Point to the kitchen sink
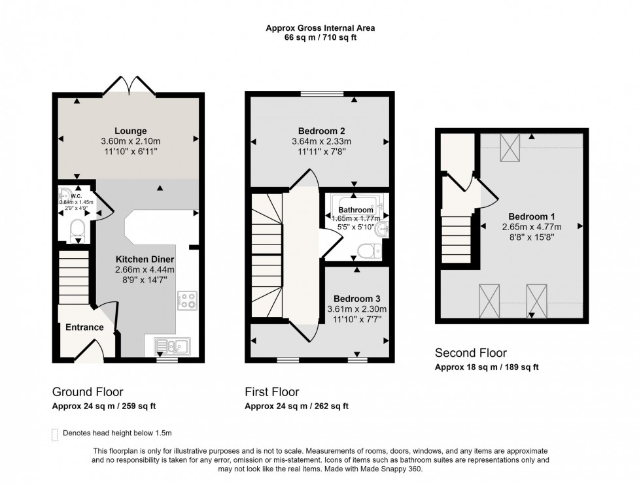[172, 344]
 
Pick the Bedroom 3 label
[354, 299]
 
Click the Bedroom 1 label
[531, 216]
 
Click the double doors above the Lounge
[133, 86]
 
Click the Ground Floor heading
[87, 392]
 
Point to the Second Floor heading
[470, 354]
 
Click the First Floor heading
[272, 392]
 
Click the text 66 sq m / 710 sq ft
[320, 38]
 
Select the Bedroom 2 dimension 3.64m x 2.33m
[320, 141]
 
